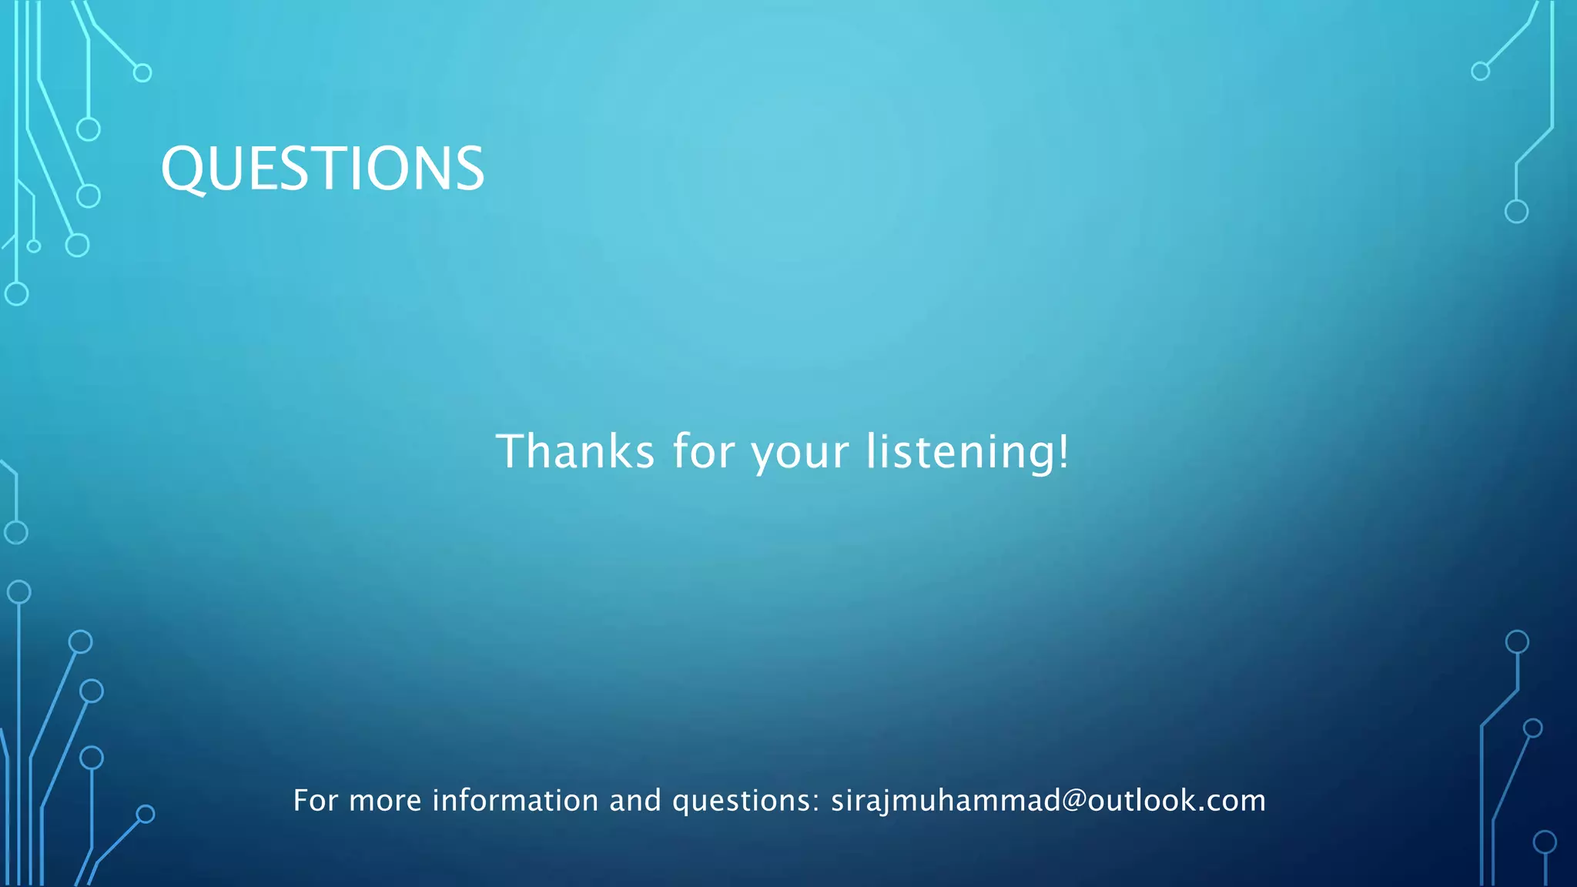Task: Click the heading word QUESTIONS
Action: pyautogui.click(x=323, y=169)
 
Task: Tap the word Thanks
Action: pyautogui.click(x=574, y=451)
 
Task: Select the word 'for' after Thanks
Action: pyautogui.click(x=704, y=451)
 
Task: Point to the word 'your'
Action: pyautogui.click(x=800, y=454)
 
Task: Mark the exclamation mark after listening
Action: pyautogui.click(x=1063, y=451)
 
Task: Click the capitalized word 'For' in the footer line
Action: pyautogui.click(x=315, y=801)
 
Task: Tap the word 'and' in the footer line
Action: pyautogui.click(x=634, y=801)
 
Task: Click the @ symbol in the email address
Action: pyautogui.click(x=1074, y=801)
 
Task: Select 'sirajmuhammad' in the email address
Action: pyautogui.click(x=946, y=802)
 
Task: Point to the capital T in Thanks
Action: pyautogui.click(x=511, y=451)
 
